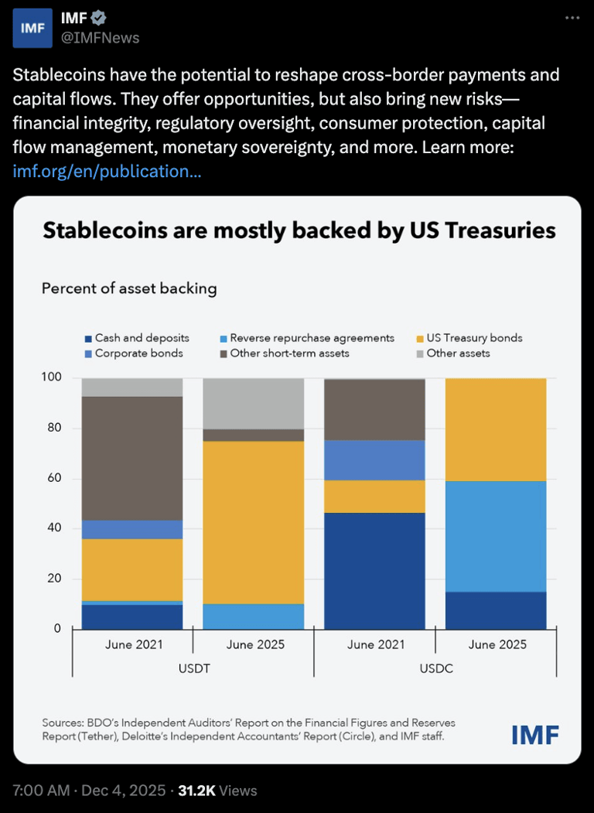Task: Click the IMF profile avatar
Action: (32, 28)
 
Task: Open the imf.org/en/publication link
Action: (108, 171)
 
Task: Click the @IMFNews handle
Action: (101, 37)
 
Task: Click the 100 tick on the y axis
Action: (51, 378)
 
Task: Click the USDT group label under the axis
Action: (193, 668)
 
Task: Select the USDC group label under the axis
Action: (435, 668)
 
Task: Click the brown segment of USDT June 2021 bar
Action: (132, 458)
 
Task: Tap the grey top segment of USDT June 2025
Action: (253, 403)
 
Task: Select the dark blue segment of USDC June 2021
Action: (374, 571)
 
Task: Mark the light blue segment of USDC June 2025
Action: (496, 536)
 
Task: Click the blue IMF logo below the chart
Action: (534, 734)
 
